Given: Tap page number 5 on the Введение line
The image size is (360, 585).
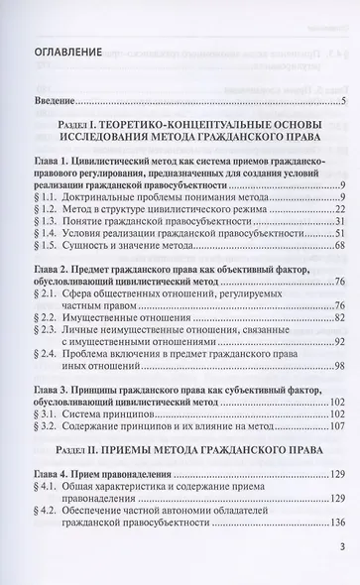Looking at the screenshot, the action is (341, 101).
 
